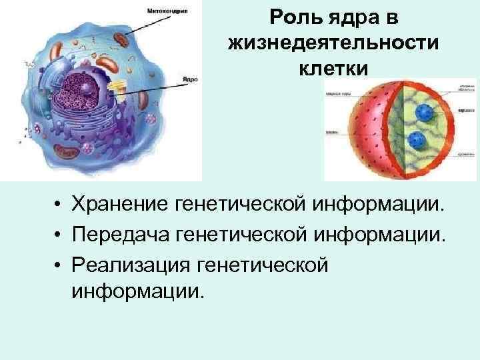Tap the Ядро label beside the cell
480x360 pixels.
point(190,78)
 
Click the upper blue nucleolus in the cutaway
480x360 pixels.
point(422,112)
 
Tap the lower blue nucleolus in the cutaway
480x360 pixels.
point(418,141)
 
